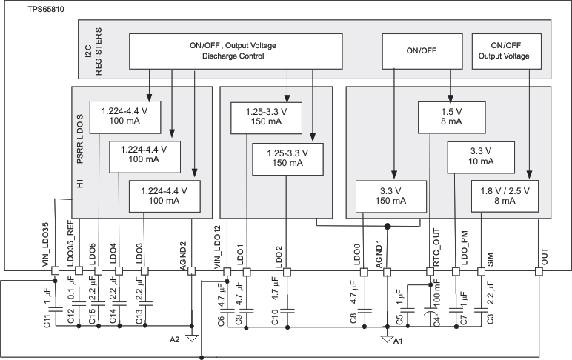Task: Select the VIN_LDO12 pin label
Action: point(218,241)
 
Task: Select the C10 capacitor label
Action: point(276,318)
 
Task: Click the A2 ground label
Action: point(174,339)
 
